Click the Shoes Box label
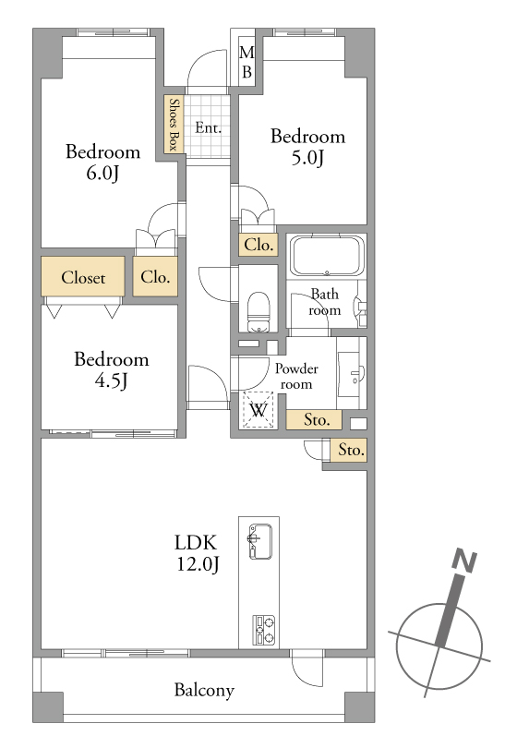click(x=174, y=124)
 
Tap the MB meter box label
click(x=246, y=62)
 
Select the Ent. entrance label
click(x=209, y=127)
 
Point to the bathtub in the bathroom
click(x=327, y=255)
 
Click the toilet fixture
click(x=258, y=311)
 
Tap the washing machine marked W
click(x=258, y=410)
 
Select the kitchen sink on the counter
click(x=260, y=541)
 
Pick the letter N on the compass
click(x=464, y=561)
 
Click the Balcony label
click(x=204, y=690)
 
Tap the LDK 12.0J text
click(x=198, y=553)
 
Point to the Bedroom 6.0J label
click(x=103, y=163)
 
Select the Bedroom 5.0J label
click(x=307, y=147)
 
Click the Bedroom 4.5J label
click(x=111, y=369)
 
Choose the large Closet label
click(x=83, y=277)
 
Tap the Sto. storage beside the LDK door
click(x=351, y=450)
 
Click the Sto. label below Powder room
click(x=317, y=420)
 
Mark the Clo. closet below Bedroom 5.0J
click(x=258, y=245)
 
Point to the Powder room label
click(x=296, y=377)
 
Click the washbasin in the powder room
click(x=352, y=374)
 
